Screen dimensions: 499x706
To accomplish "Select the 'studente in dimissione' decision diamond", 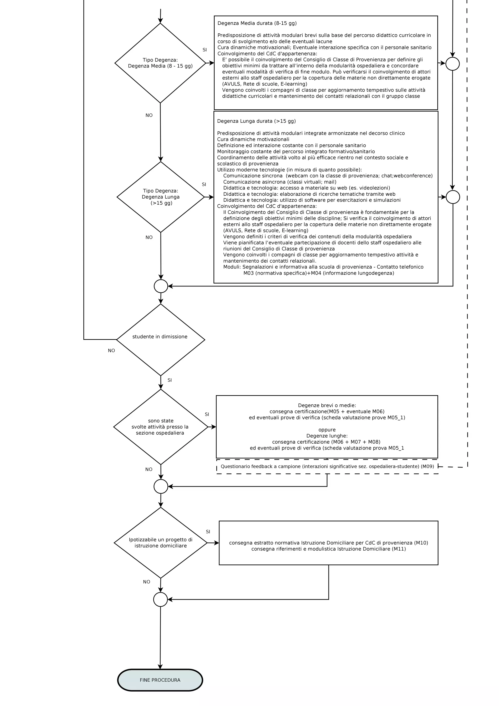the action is [161, 340].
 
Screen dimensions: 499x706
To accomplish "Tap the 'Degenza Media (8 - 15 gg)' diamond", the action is [160, 63].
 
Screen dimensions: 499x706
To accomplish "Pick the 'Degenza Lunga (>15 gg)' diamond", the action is [161, 197].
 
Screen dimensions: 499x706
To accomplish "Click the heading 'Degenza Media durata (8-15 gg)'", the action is [257, 23].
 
